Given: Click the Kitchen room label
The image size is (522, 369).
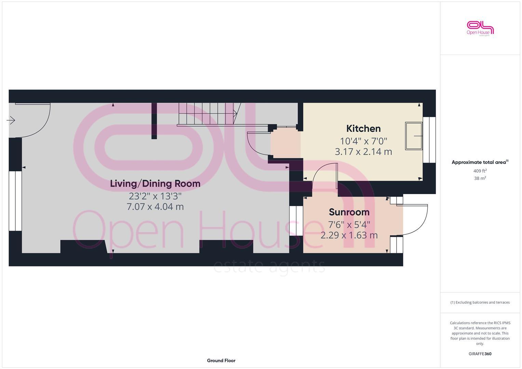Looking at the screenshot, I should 363,128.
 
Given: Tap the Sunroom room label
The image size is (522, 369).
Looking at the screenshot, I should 349,212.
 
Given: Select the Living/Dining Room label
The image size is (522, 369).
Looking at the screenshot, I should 155,183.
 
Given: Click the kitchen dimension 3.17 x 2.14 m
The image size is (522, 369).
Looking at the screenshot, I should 363,152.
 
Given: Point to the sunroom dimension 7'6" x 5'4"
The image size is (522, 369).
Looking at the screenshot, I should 349,224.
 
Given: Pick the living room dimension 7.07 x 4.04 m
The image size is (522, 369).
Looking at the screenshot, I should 155,207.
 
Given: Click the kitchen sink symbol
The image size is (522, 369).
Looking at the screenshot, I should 414,136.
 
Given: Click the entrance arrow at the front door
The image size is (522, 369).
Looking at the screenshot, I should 11,120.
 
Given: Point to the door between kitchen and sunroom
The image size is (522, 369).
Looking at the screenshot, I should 325,174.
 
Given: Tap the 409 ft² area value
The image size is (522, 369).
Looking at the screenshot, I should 480,171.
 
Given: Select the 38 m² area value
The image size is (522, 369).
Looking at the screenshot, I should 480,178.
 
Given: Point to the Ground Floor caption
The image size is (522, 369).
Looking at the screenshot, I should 221,360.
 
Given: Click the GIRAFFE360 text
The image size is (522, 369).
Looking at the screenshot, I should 480,354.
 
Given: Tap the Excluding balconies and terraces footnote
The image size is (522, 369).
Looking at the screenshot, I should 480,302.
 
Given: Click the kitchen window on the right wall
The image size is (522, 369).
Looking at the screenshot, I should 429,140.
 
